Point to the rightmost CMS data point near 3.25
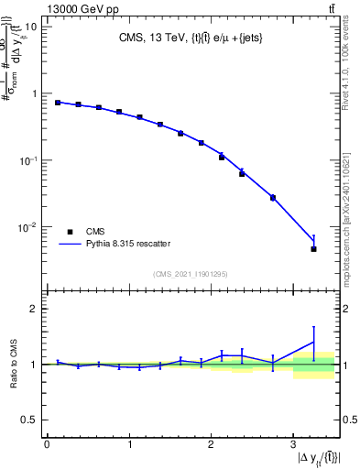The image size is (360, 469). point(313,249)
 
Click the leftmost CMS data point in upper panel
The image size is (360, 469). point(58,103)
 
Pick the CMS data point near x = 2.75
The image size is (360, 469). point(273,198)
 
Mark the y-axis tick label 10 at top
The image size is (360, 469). point(32,27)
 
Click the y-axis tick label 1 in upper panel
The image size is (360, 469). point(35,93)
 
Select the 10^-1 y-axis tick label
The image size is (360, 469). point(29,160)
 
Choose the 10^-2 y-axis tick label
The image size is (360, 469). point(29,227)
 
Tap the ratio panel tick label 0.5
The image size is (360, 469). point(30,420)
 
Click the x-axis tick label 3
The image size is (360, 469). point(293,444)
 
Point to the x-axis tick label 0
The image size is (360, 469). point(47,444)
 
